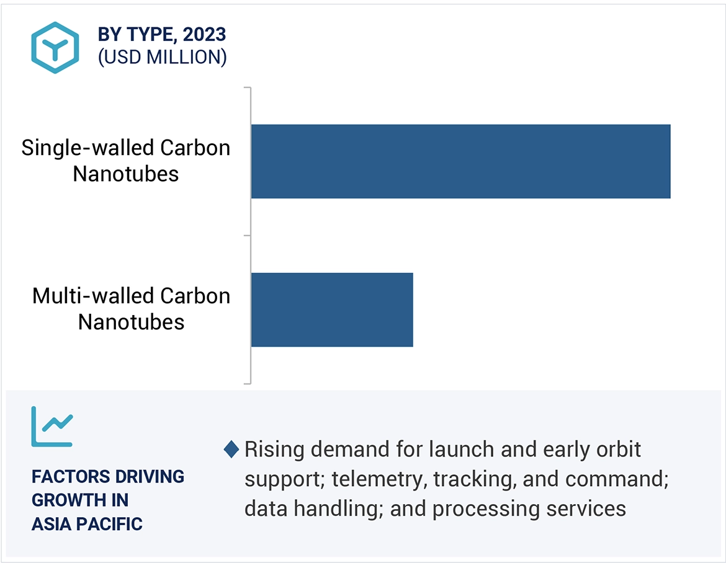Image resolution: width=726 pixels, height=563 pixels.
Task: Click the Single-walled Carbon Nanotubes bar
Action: tap(460, 161)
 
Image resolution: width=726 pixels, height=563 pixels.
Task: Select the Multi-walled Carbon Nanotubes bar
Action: tap(332, 309)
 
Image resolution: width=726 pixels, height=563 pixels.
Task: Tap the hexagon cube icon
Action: tap(55, 48)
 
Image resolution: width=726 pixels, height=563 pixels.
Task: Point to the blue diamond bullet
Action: tap(231, 450)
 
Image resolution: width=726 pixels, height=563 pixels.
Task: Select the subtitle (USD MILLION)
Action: tap(162, 58)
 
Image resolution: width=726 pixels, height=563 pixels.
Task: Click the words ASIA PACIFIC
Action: tap(87, 524)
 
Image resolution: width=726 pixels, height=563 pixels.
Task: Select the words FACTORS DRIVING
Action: tap(108, 477)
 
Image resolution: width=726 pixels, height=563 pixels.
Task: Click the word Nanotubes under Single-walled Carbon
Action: tap(125, 174)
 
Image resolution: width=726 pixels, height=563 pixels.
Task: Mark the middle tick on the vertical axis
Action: tap(247, 236)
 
